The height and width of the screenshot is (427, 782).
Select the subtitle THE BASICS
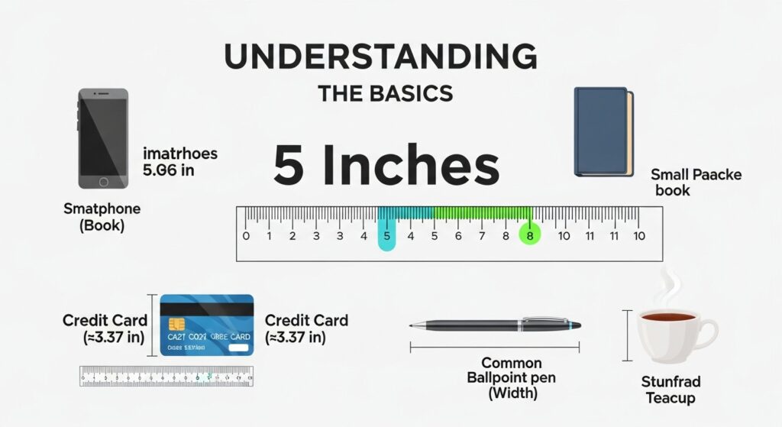385,93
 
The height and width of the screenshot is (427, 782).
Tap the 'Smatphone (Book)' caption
102,217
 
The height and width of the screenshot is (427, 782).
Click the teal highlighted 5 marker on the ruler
387,235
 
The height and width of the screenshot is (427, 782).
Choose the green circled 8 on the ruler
529,236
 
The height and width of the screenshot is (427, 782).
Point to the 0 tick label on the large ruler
246,236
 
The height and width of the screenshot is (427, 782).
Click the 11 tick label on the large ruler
588,236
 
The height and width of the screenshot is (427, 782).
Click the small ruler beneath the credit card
166,375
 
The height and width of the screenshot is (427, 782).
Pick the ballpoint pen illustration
496,325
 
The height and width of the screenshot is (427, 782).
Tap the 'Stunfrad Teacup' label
672,390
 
